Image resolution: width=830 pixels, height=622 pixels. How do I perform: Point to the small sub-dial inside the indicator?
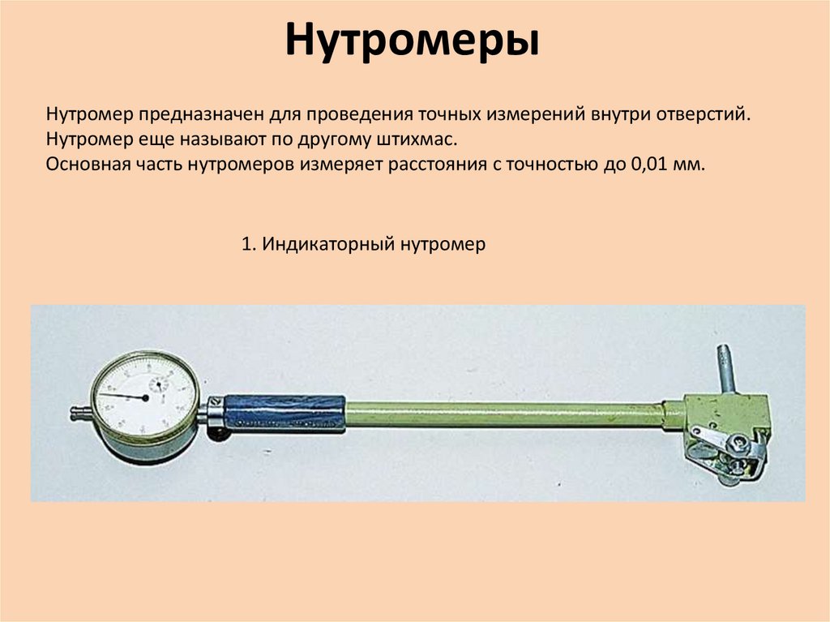pyautogui.click(x=157, y=382)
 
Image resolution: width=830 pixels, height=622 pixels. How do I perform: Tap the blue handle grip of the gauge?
pyautogui.click(x=284, y=412)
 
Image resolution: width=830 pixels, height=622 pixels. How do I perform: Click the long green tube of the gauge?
pyautogui.click(x=503, y=414)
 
